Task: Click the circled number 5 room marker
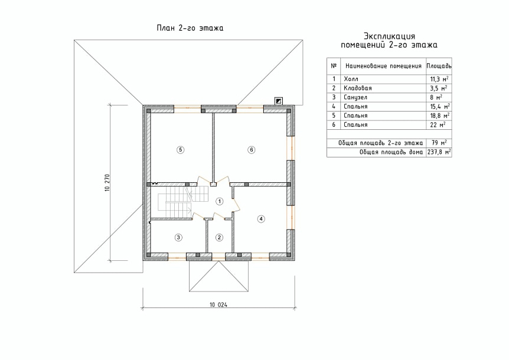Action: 181,149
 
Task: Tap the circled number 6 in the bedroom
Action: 252,149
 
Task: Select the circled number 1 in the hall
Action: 220,201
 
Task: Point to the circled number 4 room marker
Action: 261,219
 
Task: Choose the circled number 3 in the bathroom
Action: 178,237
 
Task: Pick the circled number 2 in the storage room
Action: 220,237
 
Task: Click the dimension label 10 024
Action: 218,305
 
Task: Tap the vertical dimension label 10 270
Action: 107,183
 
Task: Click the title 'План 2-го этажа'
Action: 190,28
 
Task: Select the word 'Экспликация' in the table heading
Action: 389,36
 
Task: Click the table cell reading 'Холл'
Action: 351,79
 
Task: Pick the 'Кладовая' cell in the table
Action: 358,88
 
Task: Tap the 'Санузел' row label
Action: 355,97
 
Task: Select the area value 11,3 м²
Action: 439,79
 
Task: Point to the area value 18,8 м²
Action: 439,116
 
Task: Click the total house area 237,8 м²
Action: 439,152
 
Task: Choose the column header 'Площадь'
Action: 439,66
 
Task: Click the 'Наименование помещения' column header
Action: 383,66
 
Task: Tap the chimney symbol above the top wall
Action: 279,101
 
